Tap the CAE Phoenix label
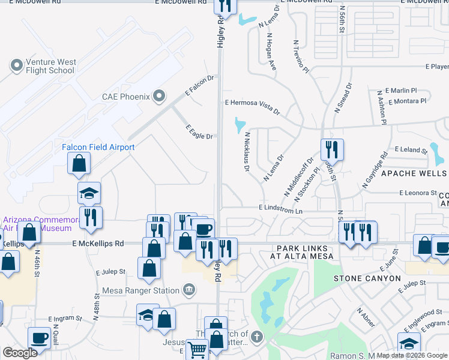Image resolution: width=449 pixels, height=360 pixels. (126, 96)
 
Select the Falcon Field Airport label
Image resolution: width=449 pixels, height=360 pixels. (98, 147)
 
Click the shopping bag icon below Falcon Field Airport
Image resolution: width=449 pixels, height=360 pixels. (79, 163)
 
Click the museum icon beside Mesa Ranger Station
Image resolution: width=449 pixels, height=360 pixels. (188, 290)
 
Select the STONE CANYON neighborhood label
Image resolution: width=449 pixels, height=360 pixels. (367, 278)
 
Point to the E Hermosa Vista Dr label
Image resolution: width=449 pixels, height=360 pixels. (252, 106)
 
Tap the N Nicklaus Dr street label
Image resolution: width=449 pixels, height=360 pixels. (246, 152)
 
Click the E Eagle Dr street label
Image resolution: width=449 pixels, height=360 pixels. (199, 132)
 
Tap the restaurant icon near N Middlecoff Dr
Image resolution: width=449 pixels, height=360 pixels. (331, 149)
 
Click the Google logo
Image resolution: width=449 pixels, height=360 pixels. (20, 353)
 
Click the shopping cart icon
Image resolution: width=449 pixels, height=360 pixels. (197, 349)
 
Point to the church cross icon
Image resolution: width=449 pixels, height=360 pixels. (257, 336)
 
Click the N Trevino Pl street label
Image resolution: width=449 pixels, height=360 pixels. (300, 57)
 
